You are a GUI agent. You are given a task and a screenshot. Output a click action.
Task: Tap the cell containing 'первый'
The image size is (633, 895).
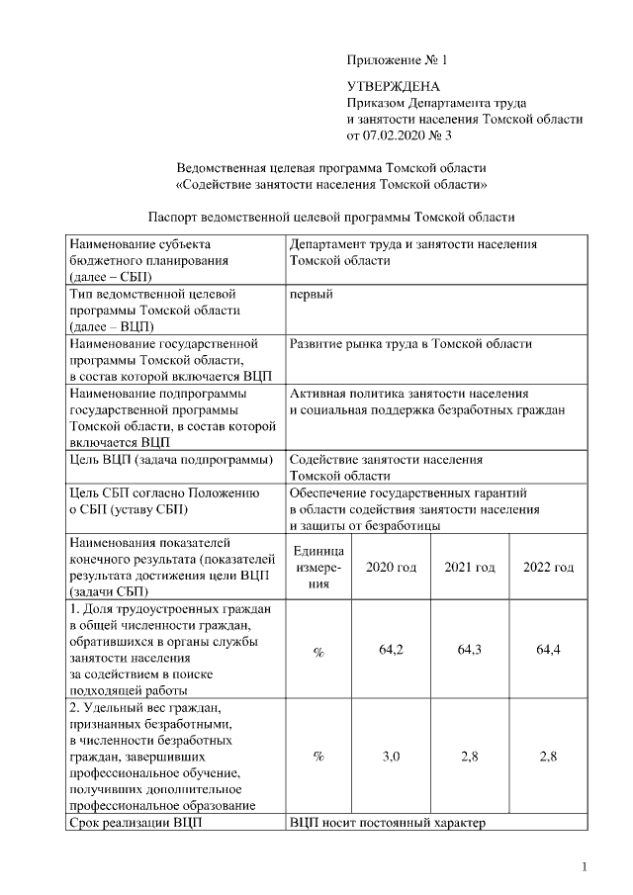[x=311, y=295]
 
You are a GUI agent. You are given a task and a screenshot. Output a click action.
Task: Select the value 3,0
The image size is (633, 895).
[x=391, y=757]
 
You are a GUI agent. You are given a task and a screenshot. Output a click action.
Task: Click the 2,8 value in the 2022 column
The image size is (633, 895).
[x=548, y=757]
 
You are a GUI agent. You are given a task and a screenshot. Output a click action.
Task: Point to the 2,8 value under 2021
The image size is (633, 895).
[x=470, y=757]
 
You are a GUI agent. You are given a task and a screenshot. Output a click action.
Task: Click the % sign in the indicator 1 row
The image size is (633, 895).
[x=318, y=652]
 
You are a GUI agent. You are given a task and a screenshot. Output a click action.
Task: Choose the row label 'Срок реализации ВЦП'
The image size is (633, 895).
[x=133, y=822]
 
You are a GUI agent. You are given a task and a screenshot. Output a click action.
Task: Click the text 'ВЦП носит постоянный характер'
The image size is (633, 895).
[x=388, y=822]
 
